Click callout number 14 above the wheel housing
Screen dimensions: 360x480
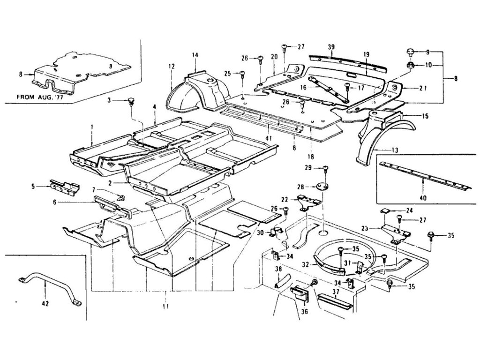coord(195,56)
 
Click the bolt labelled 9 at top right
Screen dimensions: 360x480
coord(409,51)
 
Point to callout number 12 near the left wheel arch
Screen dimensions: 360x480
coord(172,67)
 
